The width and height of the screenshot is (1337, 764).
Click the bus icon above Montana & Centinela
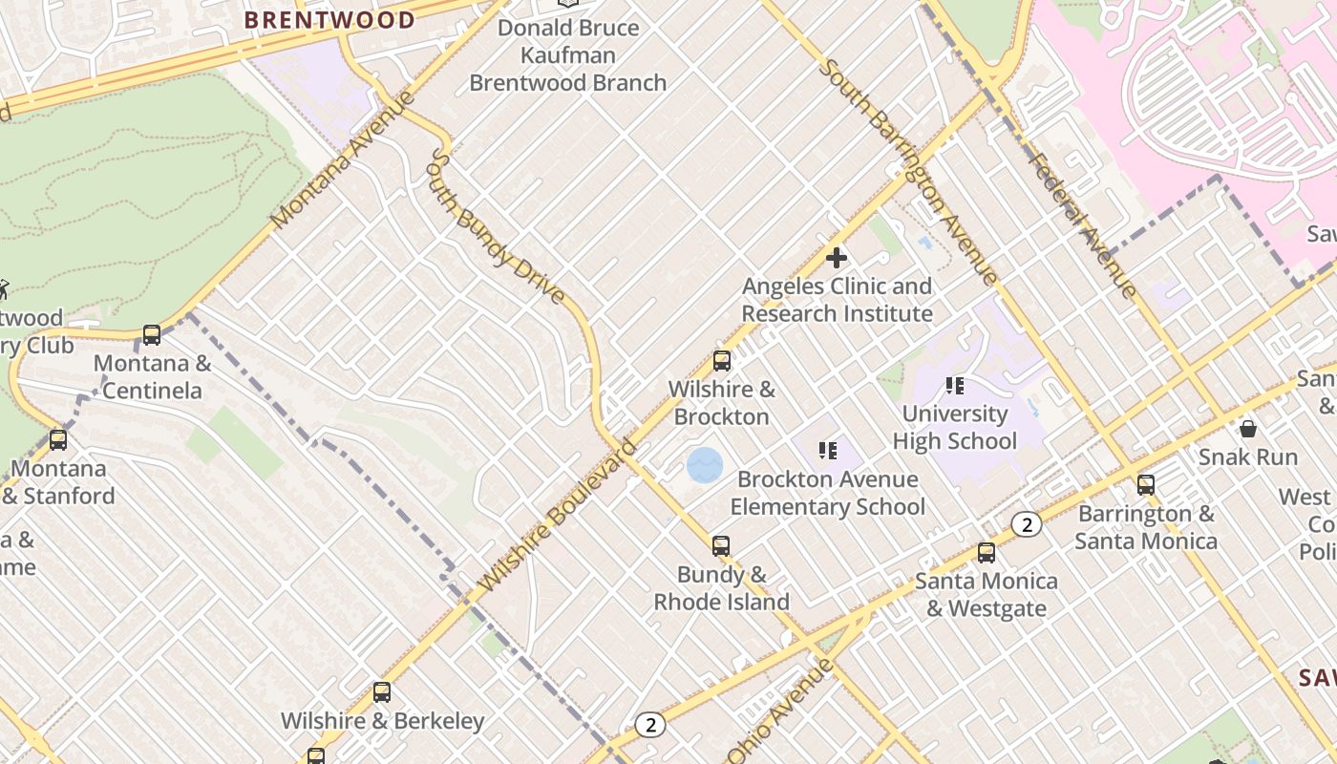(152, 335)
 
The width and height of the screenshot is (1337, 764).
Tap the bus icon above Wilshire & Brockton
(722, 361)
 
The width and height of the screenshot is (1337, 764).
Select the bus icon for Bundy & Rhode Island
(721, 546)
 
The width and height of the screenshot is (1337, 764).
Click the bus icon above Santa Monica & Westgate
(987, 553)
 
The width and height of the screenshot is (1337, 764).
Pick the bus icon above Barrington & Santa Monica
(1146, 485)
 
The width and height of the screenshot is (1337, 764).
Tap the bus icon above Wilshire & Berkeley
(382, 692)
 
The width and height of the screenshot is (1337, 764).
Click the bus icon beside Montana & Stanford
(58, 440)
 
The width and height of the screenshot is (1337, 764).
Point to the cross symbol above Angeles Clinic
(837, 258)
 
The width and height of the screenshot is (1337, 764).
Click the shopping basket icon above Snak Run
(1247, 429)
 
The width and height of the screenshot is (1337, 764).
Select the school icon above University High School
(954, 386)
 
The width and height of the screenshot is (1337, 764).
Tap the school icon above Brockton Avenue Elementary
(827, 450)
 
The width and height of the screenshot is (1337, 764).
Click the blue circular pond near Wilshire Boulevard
(705, 466)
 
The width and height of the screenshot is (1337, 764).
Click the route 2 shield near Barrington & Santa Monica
(1027, 524)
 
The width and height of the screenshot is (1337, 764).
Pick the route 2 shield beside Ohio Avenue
(650, 725)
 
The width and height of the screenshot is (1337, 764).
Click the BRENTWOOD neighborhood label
(329, 20)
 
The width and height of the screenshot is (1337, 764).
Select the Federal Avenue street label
(1082, 226)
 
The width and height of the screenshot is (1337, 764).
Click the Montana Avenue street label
(343, 159)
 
